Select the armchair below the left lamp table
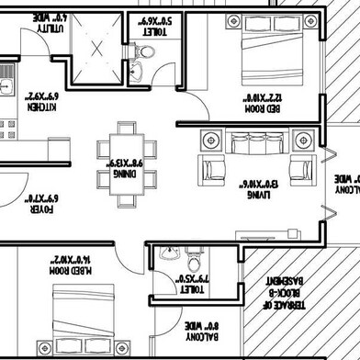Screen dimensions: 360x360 [214, 169]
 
